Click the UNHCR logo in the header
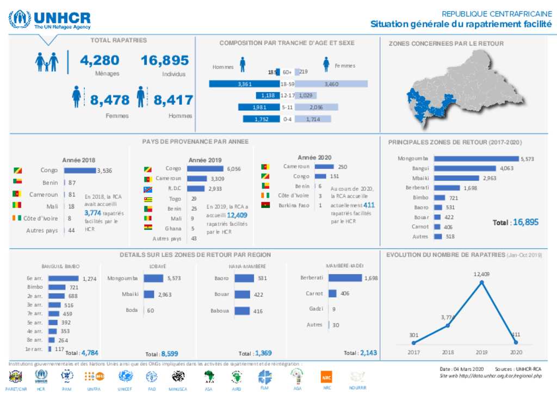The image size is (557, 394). coord(49,20)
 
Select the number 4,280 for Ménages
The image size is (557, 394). coord(99,60)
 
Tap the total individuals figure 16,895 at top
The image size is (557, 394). coord(165,60)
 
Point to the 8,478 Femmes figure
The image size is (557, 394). coord(110,100)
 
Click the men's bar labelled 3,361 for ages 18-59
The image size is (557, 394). coord(244,84)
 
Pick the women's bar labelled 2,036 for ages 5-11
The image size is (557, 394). coord(317,107)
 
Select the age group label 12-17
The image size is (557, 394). coord(287,96)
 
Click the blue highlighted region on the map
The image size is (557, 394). coord(427,107)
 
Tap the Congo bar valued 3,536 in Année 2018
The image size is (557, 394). coord(81,171)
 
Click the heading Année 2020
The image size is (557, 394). coord(314,157)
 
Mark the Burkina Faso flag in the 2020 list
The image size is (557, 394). coord(265,205)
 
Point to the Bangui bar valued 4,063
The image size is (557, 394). coord(466,169)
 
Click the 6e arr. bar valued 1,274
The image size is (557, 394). coord(64,279)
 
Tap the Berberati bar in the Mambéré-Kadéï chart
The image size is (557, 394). coord(345,278)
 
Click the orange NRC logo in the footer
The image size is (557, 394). coord(327,377)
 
